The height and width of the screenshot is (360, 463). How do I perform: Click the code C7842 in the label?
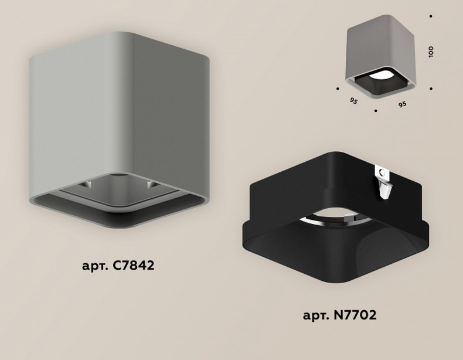(134, 265)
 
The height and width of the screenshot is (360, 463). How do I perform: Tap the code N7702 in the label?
(355, 315)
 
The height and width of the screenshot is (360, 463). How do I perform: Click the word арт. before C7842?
(95, 266)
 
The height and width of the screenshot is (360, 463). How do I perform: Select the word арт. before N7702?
(316, 316)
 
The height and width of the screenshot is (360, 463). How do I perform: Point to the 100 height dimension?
(431, 52)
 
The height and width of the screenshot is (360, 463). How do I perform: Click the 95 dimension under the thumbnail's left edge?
(353, 101)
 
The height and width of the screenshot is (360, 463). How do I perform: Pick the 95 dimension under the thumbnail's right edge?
(402, 104)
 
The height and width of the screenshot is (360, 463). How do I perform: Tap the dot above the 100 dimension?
(431, 16)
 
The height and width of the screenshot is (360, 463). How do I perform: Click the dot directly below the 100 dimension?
(431, 89)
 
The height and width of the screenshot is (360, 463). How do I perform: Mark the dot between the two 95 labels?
(376, 111)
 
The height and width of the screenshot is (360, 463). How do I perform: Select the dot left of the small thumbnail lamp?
(338, 88)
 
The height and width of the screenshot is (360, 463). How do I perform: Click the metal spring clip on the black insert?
(383, 182)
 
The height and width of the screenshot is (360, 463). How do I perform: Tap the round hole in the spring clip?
(382, 172)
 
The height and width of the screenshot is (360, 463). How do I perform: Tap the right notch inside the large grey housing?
(151, 184)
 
